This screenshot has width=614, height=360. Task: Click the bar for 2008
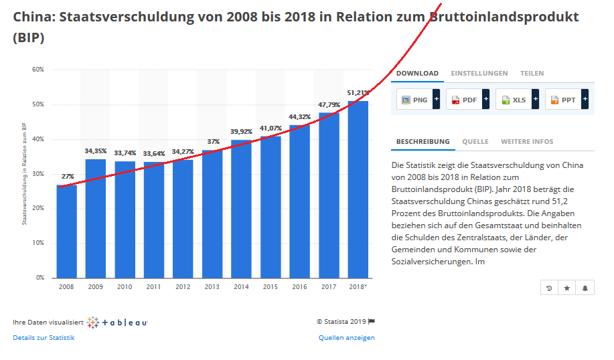pos(66,232)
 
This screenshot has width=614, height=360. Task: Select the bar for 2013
pos(213,214)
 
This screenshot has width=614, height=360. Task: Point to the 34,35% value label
pos(96,151)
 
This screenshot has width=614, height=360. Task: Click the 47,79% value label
pos(329,104)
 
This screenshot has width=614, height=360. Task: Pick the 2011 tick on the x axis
pos(154,286)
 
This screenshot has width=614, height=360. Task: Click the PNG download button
pos(414,100)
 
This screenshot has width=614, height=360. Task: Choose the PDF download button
pos(464,100)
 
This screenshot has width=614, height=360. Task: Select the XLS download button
pos(514,100)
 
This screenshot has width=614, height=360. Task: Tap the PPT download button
pos(563,100)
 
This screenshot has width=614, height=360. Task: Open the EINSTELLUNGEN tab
pos(479,74)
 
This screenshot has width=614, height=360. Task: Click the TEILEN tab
pos(532,74)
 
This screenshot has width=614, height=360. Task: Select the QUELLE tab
pos(475,142)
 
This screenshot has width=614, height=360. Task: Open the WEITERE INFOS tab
pos(527,142)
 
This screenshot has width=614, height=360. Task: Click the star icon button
pos(567,288)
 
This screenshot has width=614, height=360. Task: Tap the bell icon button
pos(585,288)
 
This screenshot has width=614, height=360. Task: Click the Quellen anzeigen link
pos(346,338)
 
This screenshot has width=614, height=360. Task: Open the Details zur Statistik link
pos(44,338)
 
